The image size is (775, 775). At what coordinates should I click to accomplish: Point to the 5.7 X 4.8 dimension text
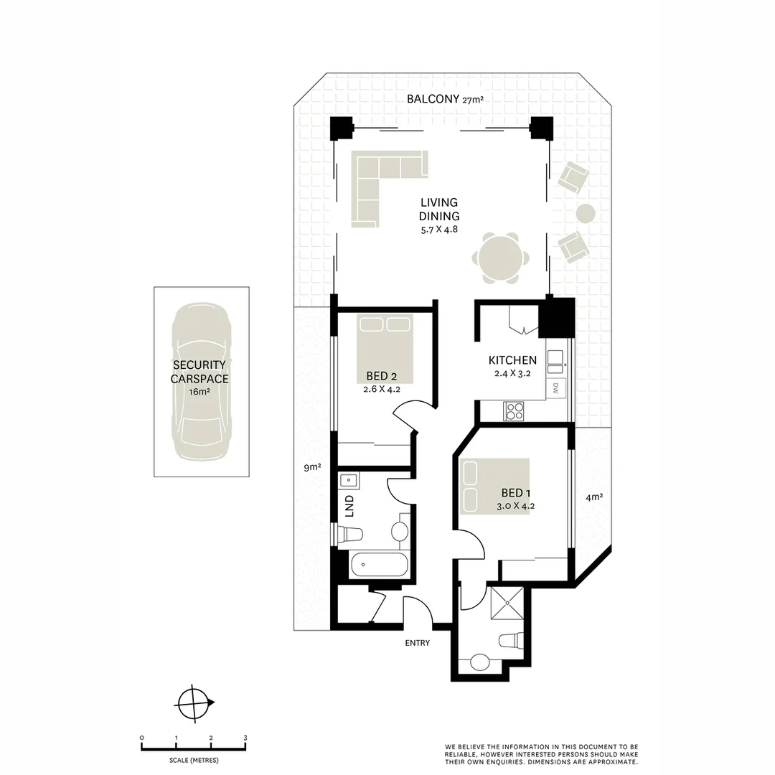click(439, 230)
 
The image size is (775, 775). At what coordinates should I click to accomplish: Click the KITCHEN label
click(512, 360)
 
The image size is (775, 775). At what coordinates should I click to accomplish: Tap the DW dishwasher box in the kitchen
click(556, 388)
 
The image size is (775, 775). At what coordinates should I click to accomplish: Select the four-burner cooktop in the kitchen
click(515, 410)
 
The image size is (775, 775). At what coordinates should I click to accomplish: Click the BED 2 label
click(382, 376)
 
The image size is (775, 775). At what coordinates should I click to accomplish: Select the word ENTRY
click(417, 643)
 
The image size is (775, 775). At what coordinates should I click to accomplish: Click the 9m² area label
click(311, 468)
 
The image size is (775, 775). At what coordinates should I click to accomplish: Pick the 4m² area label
click(593, 497)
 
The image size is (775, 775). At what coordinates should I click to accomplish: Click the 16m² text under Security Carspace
click(199, 392)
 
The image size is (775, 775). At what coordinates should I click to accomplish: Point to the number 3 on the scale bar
click(245, 738)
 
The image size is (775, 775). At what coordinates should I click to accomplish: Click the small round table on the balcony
click(586, 213)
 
